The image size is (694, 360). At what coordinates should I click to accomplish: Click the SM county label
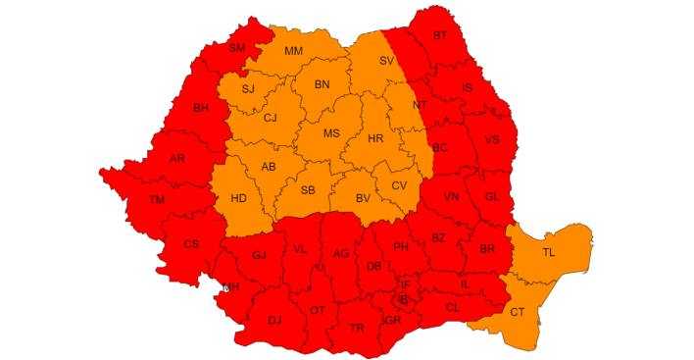point(237,48)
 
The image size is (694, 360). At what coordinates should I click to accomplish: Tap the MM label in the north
point(293,51)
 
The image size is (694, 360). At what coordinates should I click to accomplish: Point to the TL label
point(549,252)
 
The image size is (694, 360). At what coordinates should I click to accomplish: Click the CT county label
point(517,312)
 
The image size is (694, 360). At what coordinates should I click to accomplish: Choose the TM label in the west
point(157,199)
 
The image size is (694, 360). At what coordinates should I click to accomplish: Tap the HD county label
point(238,198)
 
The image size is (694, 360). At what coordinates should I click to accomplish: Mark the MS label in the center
point(331,133)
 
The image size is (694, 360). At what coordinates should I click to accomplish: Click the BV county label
point(363,199)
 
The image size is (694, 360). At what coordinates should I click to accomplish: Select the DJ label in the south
point(275,320)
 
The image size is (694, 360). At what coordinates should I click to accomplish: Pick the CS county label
point(192,243)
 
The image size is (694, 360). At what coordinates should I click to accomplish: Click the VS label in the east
point(492,139)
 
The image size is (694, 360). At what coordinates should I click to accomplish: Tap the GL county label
point(492,196)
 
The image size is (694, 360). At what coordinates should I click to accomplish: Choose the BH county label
point(201,109)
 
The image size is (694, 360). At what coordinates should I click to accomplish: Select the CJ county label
point(271,119)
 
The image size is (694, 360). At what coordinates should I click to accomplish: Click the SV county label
point(386,61)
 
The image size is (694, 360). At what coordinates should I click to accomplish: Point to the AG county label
point(341,253)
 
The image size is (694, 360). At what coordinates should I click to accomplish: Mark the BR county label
point(486,249)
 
